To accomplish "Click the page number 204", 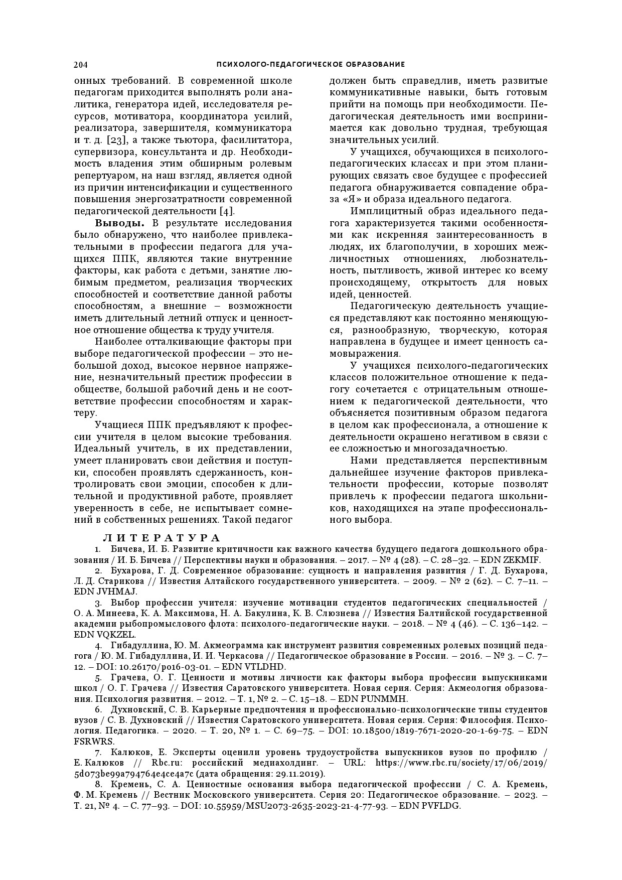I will [81, 64].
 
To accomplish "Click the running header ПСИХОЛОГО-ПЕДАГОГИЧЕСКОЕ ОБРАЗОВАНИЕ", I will [310, 64].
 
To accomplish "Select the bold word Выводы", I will [120, 223].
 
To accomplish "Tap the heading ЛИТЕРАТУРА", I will [162, 538].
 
